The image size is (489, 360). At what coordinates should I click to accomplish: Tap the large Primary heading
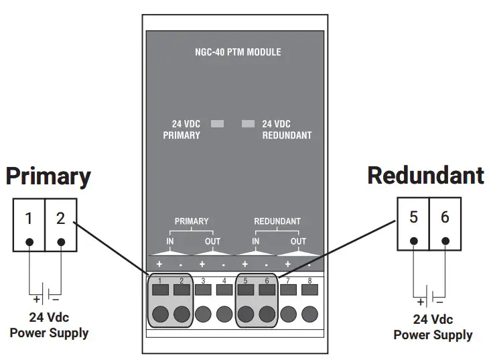point(48,176)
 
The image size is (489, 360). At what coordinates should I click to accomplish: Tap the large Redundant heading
point(425,176)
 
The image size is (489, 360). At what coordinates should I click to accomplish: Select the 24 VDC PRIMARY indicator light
point(217,124)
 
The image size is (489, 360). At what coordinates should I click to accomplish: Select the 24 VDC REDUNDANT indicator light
point(249,124)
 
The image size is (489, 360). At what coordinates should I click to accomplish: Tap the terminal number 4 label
point(224,280)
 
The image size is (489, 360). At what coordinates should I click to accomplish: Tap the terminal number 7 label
point(288,280)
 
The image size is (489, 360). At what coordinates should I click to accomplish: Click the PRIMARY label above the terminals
point(191,221)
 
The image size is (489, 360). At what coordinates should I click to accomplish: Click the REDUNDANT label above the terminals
point(277,221)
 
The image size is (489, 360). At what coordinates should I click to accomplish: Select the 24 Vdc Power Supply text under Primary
point(49,325)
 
